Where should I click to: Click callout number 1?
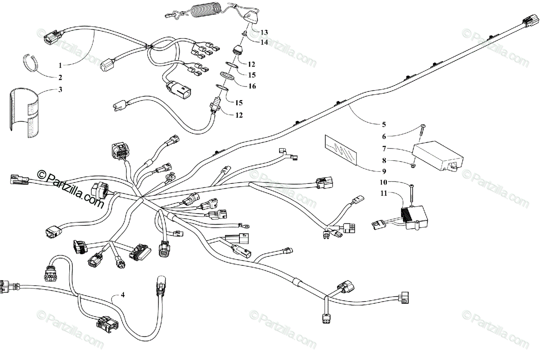click(60, 65)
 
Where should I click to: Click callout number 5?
click(383, 124)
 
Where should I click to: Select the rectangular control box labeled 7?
click(438, 156)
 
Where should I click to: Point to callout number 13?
click(264, 32)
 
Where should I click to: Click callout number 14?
click(264, 42)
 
